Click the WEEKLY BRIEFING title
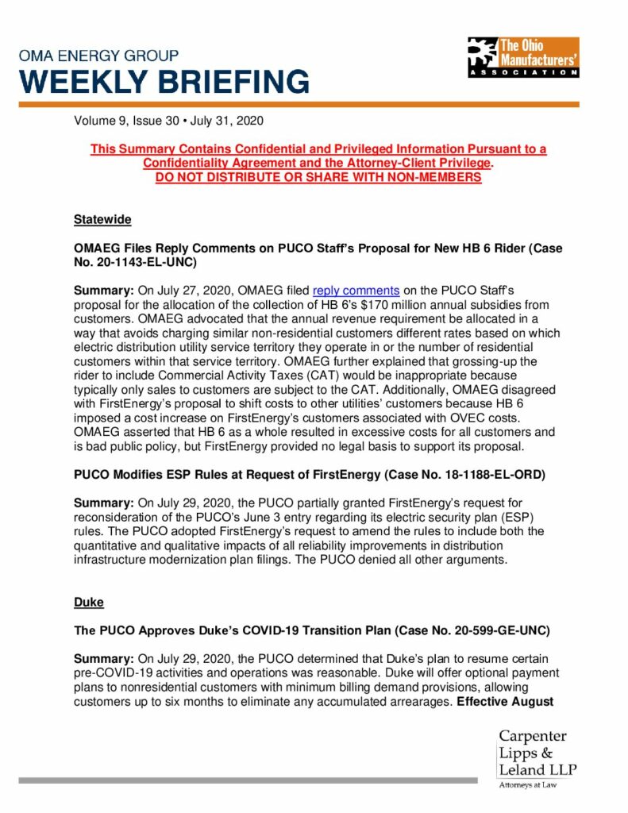click(164, 82)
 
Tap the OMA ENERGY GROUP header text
click(98, 56)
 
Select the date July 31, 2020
click(228, 121)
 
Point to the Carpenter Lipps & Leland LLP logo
click(537, 756)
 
